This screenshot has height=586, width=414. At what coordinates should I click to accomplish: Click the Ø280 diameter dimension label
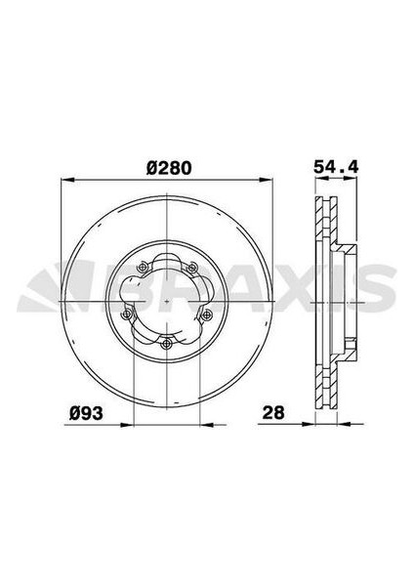pos(168,166)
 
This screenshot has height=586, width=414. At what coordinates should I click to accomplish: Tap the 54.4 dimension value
pos(333,166)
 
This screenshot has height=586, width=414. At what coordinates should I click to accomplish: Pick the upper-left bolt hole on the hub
pos(144,269)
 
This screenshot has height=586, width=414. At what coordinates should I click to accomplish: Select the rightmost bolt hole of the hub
pos(207,314)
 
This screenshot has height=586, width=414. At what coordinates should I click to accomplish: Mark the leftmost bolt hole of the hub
pos(129,314)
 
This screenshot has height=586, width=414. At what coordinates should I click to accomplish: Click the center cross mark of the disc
pos(168,302)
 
